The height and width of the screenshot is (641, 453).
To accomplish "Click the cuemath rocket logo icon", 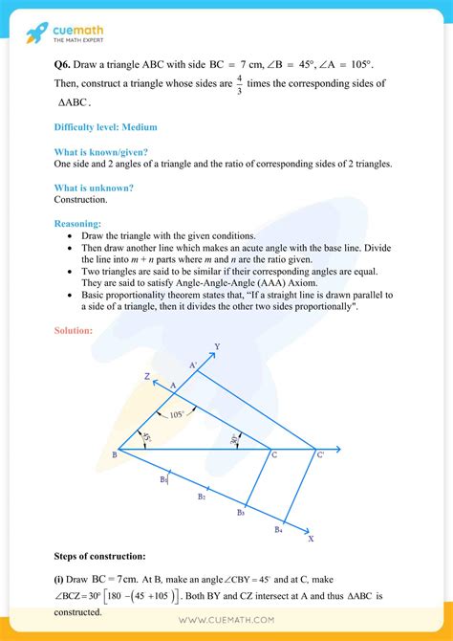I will tap(36, 33).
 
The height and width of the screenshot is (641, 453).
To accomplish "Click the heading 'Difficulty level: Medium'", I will tap(105, 126).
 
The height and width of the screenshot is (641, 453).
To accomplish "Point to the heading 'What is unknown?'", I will tap(94, 188).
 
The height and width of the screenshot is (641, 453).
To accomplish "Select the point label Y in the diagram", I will tap(217, 346).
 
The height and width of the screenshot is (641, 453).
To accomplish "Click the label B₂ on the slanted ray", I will tap(202, 497).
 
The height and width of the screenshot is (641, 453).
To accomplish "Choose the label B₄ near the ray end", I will tap(277, 529).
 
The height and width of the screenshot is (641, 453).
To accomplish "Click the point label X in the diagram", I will tap(311, 539).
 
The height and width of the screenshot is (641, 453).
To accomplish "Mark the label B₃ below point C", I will tap(241, 514).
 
